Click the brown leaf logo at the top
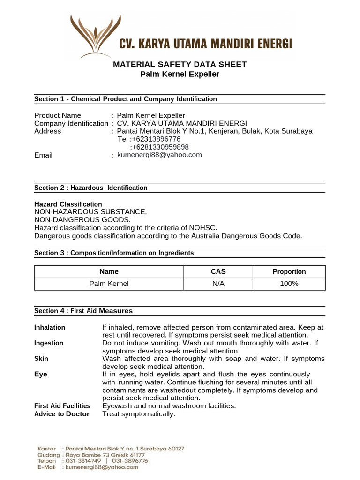coord(92,35)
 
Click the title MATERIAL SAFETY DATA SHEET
coord(180,64)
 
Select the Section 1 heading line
coord(126,99)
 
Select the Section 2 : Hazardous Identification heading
coord(91,187)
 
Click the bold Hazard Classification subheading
coord(68,204)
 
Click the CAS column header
coord(218,271)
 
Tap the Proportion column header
coord(289,271)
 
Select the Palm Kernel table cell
coord(109,284)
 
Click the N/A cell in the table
coord(218,284)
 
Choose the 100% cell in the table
coord(289,284)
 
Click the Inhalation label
coord(50,327)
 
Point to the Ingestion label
coord(49,343)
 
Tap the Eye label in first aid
coord(41,374)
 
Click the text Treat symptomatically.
coord(139,414)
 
